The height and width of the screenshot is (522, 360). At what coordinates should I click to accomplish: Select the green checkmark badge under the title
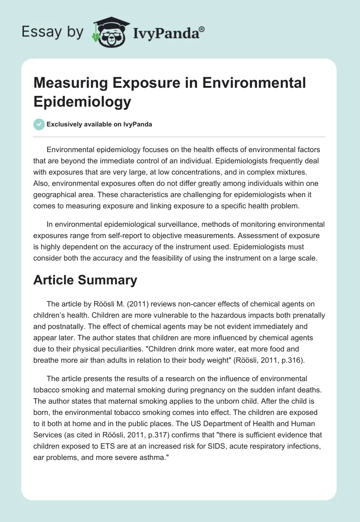coord(39,125)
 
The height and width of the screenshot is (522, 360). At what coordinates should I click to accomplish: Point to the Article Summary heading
coord(85,280)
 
